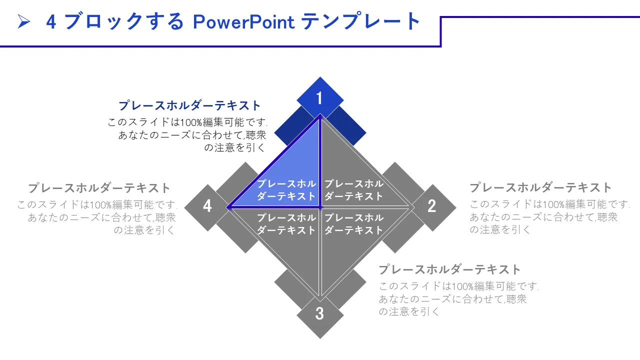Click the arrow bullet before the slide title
pyautogui.click(x=24, y=21)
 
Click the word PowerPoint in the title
pyautogui.click(x=243, y=21)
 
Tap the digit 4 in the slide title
pyautogui.click(x=51, y=21)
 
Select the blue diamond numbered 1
pyautogui.click(x=320, y=98)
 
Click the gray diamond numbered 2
pyautogui.click(x=433, y=207)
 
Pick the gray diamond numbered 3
pyautogui.click(x=320, y=315)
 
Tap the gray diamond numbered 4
pyautogui.click(x=207, y=207)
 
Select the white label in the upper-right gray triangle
pyautogui.click(x=353, y=190)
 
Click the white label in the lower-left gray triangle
pyautogui.click(x=286, y=224)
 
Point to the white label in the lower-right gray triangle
pyautogui.click(x=353, y=224)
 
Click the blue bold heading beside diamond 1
pyautogui.click(x=189, y=105)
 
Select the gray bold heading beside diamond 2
pyautogui.click(x=540, y=187)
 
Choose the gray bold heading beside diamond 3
pyautogui.click(x=449, y=269)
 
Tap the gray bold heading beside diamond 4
pyautogui.click(x=99, y=188)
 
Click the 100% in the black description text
pyautogui.click(x=191, y=123)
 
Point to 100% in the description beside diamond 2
pyautogui.click(x=553, y=205)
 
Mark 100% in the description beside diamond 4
pyautogui.click(x=101, y=205)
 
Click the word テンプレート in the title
pyautogui.click(x=360, y=21)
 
